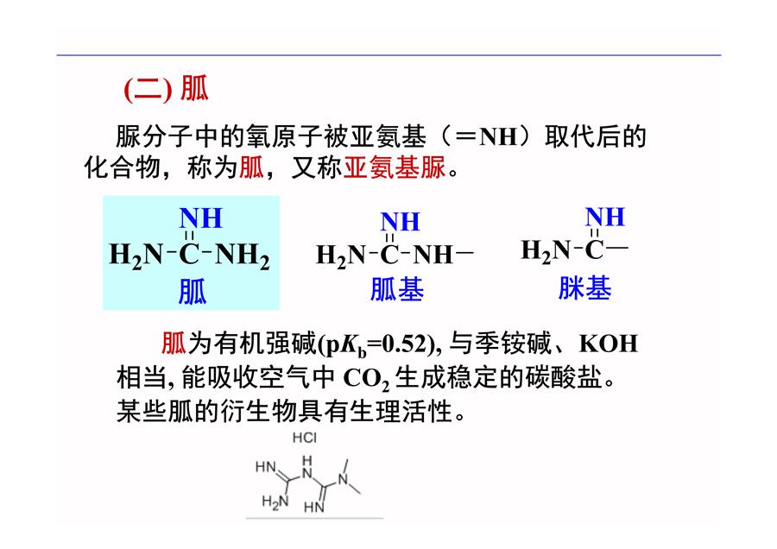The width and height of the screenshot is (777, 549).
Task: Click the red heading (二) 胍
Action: click(166, 89)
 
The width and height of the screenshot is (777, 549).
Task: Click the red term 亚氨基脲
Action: click(395, 167)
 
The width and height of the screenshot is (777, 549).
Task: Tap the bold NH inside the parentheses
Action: click(498, 136)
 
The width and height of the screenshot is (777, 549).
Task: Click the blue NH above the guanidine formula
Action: click(200, 218)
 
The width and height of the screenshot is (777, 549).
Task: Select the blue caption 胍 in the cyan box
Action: click(193, 292)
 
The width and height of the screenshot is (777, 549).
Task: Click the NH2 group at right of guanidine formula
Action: click(243, 255)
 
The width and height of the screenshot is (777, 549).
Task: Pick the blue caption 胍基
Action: click(397, 289)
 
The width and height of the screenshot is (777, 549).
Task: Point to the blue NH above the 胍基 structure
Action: click(401, 222)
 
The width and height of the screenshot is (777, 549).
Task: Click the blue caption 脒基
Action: click(584, 287)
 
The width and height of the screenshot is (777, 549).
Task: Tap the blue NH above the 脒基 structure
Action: click(604, 217)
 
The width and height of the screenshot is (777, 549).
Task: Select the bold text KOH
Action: click(609, 344)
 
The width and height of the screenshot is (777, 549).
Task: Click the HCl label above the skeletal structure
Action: click(304, 438)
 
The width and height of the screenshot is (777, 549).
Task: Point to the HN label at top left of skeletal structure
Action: click(266, 466)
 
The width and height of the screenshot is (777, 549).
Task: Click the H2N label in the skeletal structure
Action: click(275, 502)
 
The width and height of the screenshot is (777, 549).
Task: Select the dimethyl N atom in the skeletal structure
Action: click(344, 478)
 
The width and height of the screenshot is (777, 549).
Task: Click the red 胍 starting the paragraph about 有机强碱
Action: click(174, 344)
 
